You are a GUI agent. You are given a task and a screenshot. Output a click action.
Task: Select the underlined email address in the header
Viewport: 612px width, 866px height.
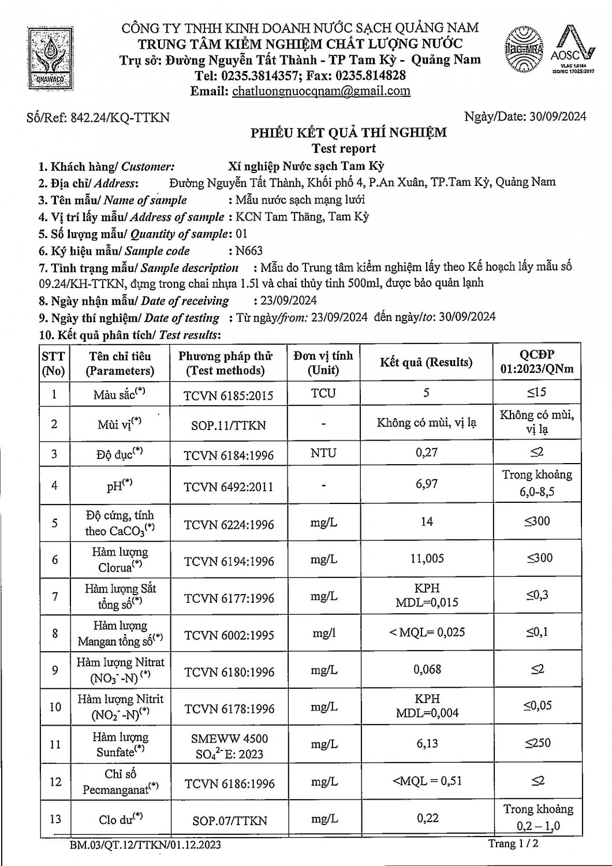321,91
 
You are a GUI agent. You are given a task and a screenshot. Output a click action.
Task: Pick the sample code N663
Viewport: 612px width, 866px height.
248,251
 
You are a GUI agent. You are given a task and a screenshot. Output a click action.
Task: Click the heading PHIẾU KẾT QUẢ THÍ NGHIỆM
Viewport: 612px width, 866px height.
349,133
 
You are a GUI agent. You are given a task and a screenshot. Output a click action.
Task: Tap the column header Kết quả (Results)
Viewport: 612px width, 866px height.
426,363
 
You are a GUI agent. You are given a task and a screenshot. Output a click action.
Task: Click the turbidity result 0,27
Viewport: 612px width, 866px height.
427,453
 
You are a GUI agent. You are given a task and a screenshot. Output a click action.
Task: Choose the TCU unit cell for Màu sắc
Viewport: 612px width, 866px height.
323,393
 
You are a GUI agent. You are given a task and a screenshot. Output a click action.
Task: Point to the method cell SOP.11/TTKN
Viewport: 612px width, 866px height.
229,425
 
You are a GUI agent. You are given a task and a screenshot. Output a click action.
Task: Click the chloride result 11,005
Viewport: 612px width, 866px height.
427,558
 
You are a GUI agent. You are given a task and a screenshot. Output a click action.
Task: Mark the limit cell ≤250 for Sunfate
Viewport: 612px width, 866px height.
538,743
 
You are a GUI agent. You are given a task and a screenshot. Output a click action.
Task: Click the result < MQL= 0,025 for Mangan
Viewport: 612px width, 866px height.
427,632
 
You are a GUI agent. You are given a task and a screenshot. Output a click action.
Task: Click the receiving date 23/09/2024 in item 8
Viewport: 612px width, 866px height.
285,301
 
